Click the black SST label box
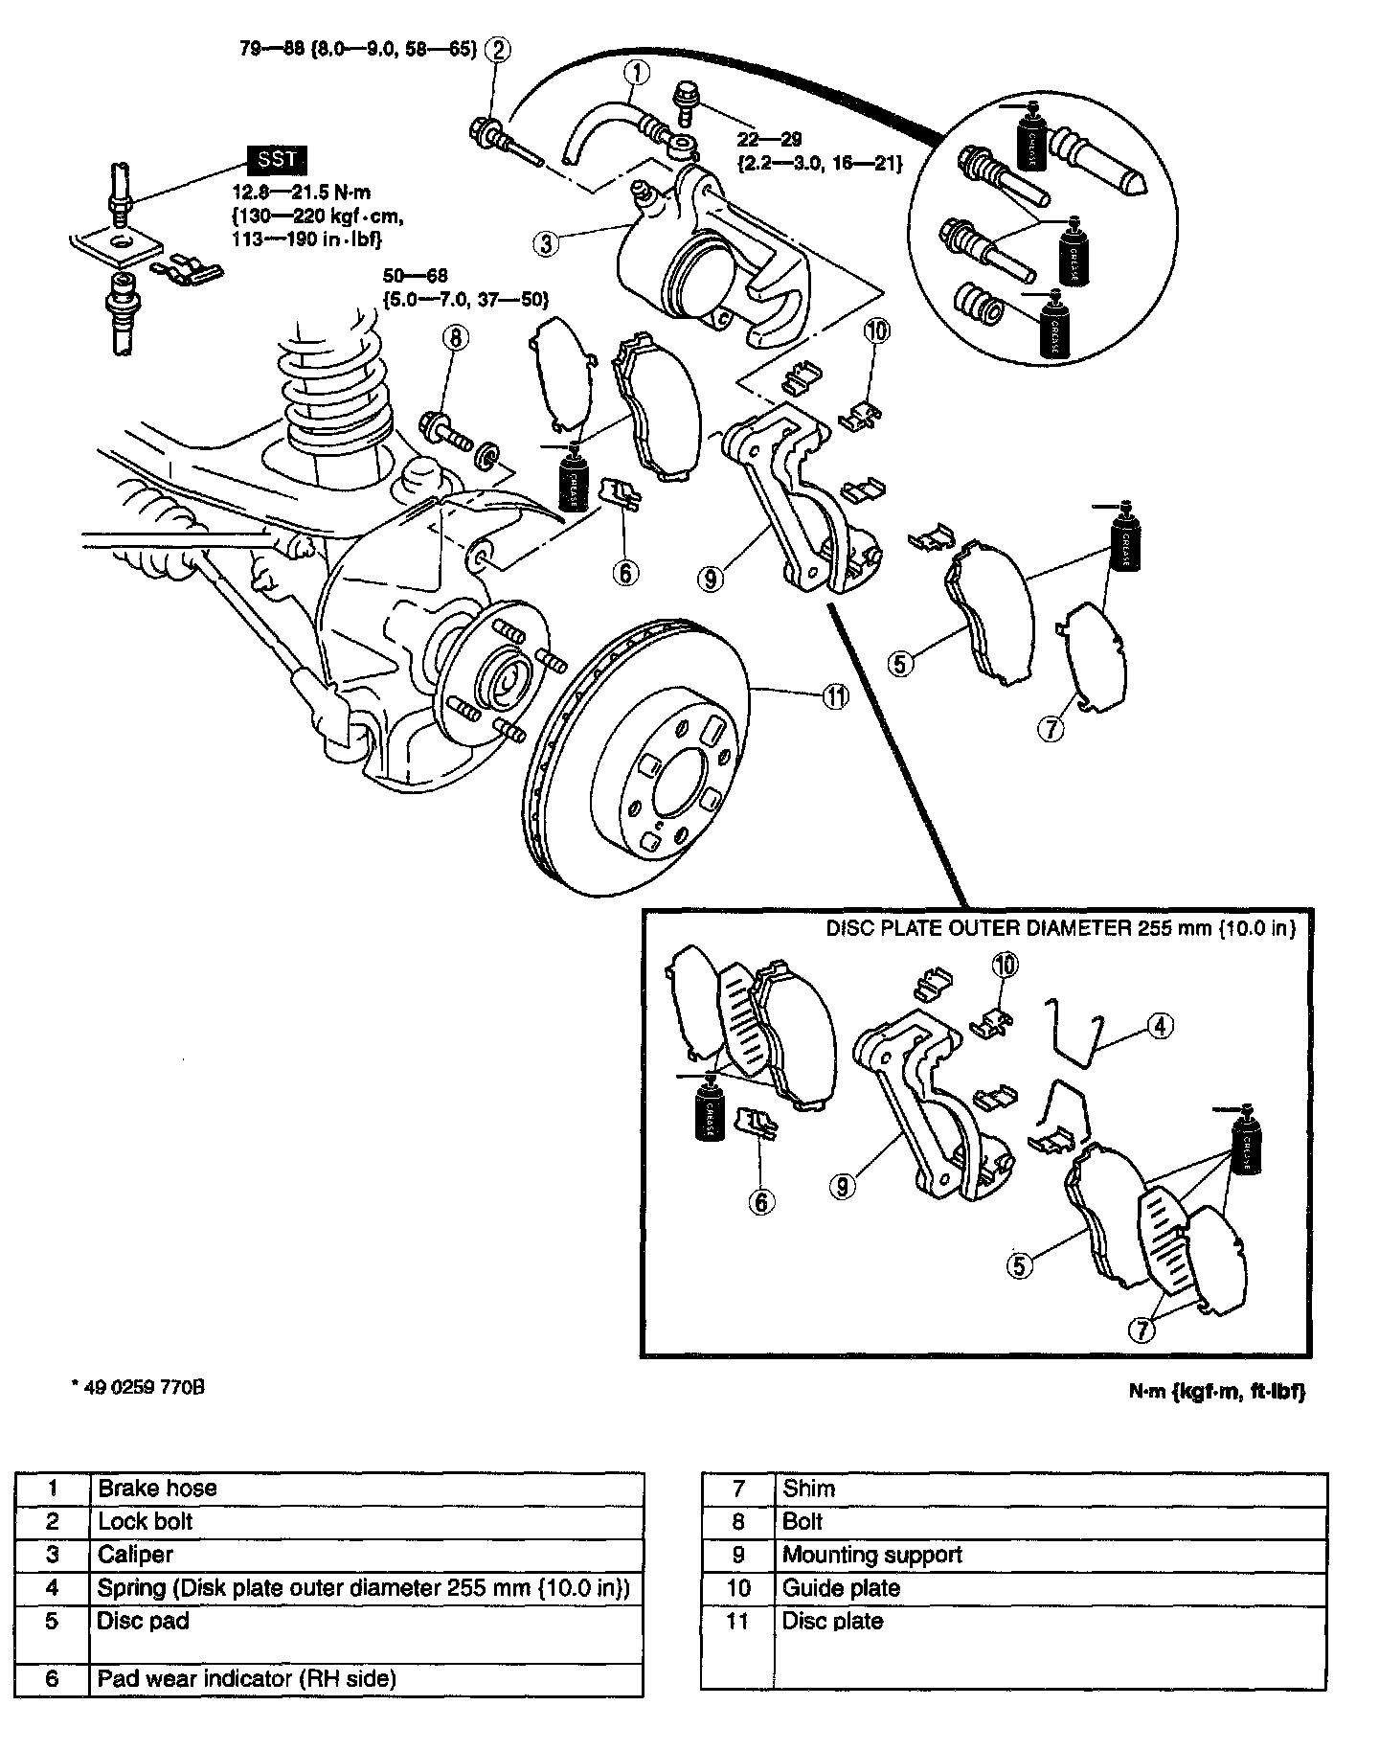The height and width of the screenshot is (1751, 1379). tap(277, 160)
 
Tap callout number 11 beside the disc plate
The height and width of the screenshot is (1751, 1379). tap(836, 698)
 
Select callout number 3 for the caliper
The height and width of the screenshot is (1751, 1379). tap(547, 244)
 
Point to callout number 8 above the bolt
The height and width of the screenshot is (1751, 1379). tap(457, 337)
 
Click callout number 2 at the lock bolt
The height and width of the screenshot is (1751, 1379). tap(498, 48)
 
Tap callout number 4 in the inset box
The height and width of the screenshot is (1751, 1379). tap(1159, 1026)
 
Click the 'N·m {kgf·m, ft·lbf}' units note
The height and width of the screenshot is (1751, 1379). tap(1216, 1391)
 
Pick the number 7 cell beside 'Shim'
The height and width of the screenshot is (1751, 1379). tap(737, 1488)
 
